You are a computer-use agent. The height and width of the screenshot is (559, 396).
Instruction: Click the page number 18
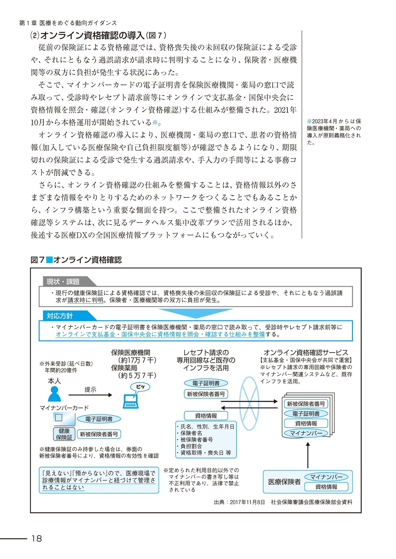36,538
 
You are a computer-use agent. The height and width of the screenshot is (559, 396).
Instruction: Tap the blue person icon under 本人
54,394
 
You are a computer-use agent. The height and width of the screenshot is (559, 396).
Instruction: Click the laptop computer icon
131,401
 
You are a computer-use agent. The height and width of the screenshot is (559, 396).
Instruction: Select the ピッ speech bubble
140,387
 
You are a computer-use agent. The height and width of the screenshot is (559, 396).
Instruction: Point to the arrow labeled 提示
90,395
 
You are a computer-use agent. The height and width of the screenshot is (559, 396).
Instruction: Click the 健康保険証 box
64,434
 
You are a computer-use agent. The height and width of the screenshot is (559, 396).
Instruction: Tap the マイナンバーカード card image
64,418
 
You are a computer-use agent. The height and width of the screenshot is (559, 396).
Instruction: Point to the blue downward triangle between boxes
195,313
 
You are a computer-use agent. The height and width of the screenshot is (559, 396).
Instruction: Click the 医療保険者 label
284,482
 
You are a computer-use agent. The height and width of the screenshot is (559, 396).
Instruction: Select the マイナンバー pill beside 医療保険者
326,477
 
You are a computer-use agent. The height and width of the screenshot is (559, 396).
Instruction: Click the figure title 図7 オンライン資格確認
76,260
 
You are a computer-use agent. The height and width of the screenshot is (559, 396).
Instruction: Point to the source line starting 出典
283,502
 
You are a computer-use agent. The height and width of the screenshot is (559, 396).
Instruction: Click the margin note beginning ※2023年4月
334,132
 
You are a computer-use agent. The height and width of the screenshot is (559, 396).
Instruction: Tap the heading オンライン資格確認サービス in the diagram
306,353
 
